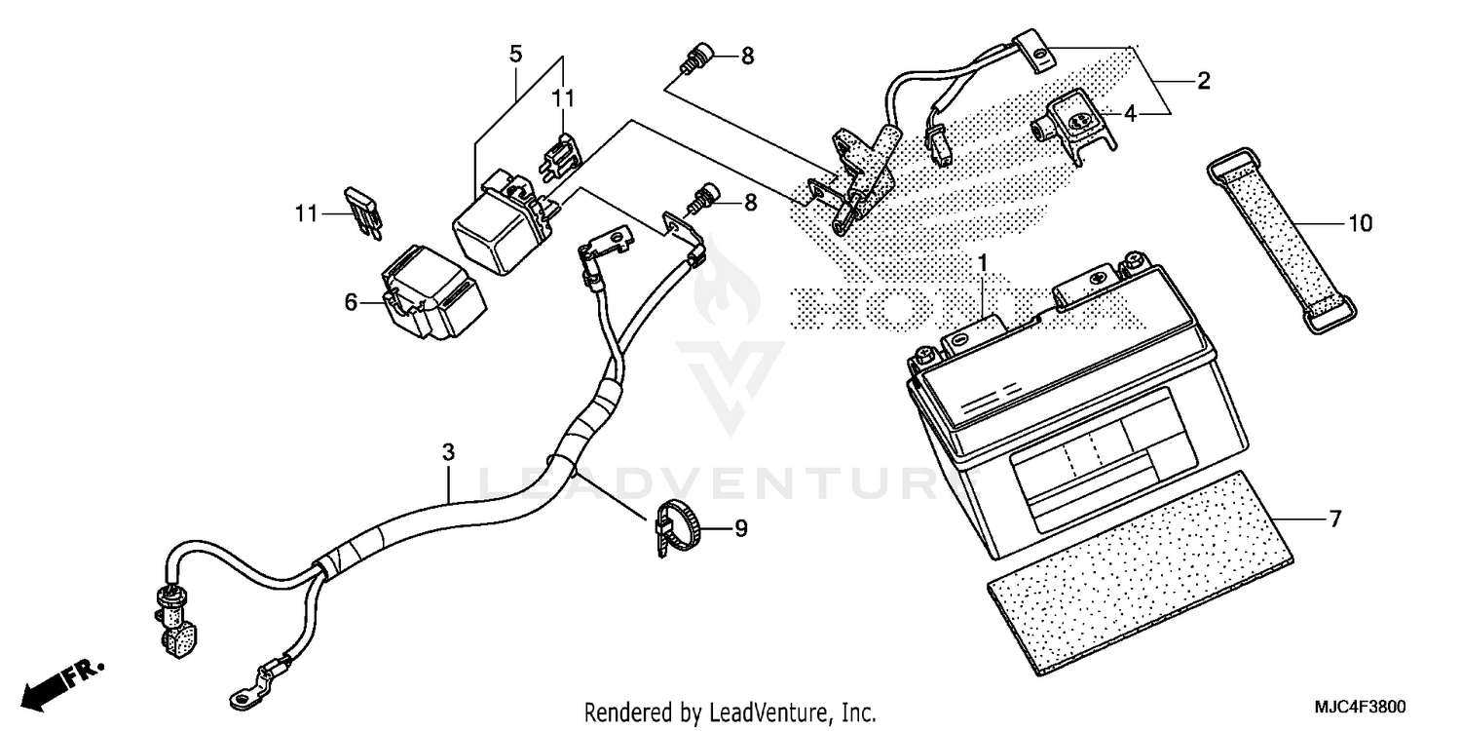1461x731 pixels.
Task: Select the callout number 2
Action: click(1204, 82)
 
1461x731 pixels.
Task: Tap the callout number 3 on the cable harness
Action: click(448, 453)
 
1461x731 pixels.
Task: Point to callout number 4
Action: click(1130, 114)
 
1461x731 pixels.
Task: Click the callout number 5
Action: click(515, 54)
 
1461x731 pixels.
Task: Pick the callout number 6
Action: click(351, 302)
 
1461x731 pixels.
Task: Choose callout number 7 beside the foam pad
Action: click(1334, 519)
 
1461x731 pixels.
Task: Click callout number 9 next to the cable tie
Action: click(740, 529)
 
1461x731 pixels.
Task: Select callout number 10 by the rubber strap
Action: click(1360, 224)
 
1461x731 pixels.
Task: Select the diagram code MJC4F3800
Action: click(1365, 706)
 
